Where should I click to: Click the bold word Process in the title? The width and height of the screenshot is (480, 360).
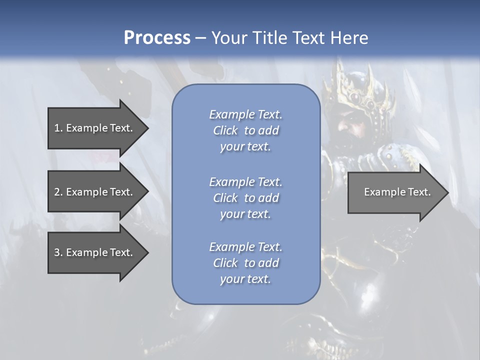tap(157, 38)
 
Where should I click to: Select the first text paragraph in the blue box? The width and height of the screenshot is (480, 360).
tap(245, 130)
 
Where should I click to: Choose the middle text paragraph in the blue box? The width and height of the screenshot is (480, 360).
tap(245, 198)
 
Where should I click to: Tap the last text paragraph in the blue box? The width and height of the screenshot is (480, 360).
tap(245, 263)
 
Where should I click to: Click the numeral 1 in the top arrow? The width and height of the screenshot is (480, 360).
tap(57, 128)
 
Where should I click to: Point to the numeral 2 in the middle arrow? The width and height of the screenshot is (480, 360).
tap(57, 192)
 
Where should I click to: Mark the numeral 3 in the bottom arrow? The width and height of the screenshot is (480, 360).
tap(57, 252)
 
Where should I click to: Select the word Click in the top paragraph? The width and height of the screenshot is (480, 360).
tap(225, 130)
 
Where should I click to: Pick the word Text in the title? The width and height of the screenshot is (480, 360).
tap(306, 38)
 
